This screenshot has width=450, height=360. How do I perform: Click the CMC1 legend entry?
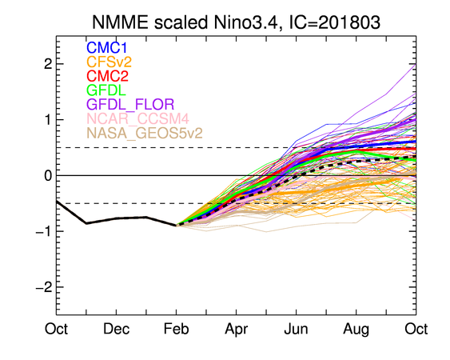click(x=106, y=48)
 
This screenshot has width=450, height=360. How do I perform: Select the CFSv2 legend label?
click(x=109, y=62)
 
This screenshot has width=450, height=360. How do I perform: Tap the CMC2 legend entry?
click(x=107, y=76)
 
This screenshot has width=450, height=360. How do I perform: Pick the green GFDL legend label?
click(x=106, y=90)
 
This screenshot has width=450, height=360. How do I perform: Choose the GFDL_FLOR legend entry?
click(x=130, y=105)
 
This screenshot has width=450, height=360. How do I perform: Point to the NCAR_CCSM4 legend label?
click(x=137, y=118)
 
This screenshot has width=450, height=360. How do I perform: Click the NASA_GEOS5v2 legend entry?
click(x=145, y=133)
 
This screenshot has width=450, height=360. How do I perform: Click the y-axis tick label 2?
click(x=48, y=64)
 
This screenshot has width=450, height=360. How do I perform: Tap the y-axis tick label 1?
click(x=48, y=120)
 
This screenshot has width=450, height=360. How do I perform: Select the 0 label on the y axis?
click(x=48, y=175)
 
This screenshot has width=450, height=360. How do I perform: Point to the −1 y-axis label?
click(x=44, y=231)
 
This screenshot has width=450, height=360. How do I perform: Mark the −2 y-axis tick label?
click(x=44, y=287)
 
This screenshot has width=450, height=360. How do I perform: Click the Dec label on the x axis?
click(x=116, y=329)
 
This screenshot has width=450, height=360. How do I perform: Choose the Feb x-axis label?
click(x=176, y=329)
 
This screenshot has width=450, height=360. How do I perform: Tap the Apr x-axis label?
click(x=237, y=330)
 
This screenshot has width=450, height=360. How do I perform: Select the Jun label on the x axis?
click(x=297, y=329)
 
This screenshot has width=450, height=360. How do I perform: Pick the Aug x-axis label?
click(x=356, y=330)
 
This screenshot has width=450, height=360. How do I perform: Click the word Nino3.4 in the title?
click(x=246, y=22)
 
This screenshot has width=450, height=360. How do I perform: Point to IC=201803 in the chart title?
click(x=334, y=22)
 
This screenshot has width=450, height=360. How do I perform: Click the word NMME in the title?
click(x=121, y=22)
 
